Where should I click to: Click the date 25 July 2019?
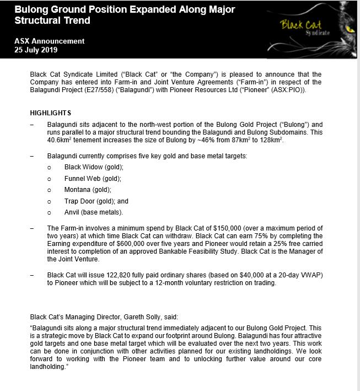(x=36, y=50)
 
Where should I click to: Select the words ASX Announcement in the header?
(x=50, y=41)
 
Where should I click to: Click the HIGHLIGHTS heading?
(x=51, y=113)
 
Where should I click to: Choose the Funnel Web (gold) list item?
(x=93, y=179)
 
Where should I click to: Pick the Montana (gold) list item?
(x=88, y=190)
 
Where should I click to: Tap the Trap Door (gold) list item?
(x=96, y=201)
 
